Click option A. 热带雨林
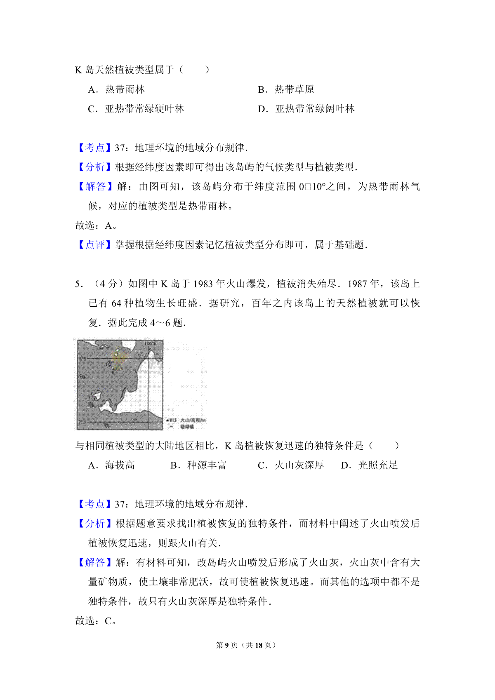(x=116, y=89)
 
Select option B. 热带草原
(x=286, y=89)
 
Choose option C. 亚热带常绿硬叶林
(x=136, y=109)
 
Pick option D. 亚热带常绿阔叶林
(x=306, y=109)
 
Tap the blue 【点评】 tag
(x=95, y=245)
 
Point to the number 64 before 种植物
(x=116, y=303)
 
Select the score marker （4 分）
(x=108, y=284)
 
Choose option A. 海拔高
(x=111, y=465)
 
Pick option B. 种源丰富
(x=198, y=465)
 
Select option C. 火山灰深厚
(x=291, y=465)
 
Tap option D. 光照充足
(x=369, y=465)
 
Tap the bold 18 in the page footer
(x=259, y=645)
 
